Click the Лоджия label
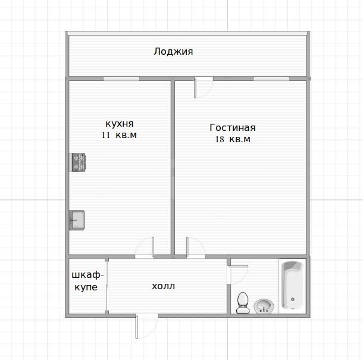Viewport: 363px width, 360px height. (x=173, y=52)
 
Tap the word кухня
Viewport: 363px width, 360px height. (x=119, y=124)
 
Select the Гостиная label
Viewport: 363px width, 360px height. (x=232, y=127)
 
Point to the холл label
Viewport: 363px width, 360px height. (x=164, y=286)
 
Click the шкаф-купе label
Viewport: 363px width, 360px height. (x=87, y=281)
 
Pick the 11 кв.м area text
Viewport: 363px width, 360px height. (x=119, y=136)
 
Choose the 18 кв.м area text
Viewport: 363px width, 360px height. (x=232, y=139)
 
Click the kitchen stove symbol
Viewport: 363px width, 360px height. (x=79, y=162)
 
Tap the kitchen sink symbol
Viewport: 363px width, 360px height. (x=77, y=220)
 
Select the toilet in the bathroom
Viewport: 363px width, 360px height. (x=242, y=302)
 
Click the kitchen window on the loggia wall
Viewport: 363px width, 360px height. (x=121, y=79)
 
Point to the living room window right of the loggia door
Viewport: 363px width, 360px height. (x=271, y=79)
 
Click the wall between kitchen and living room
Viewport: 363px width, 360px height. (x=173, y=167)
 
